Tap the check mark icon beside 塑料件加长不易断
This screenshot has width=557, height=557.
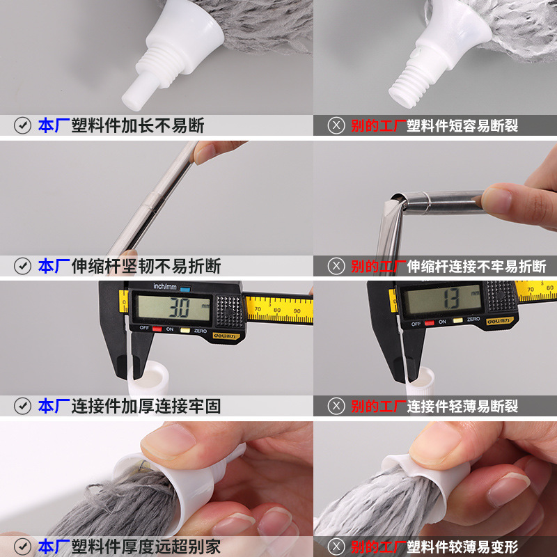point(23,126)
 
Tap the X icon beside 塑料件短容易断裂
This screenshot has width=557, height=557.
point(336,126)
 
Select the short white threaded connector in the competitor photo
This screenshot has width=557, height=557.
point(410,80)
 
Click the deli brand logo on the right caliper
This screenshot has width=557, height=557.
point(502,321)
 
